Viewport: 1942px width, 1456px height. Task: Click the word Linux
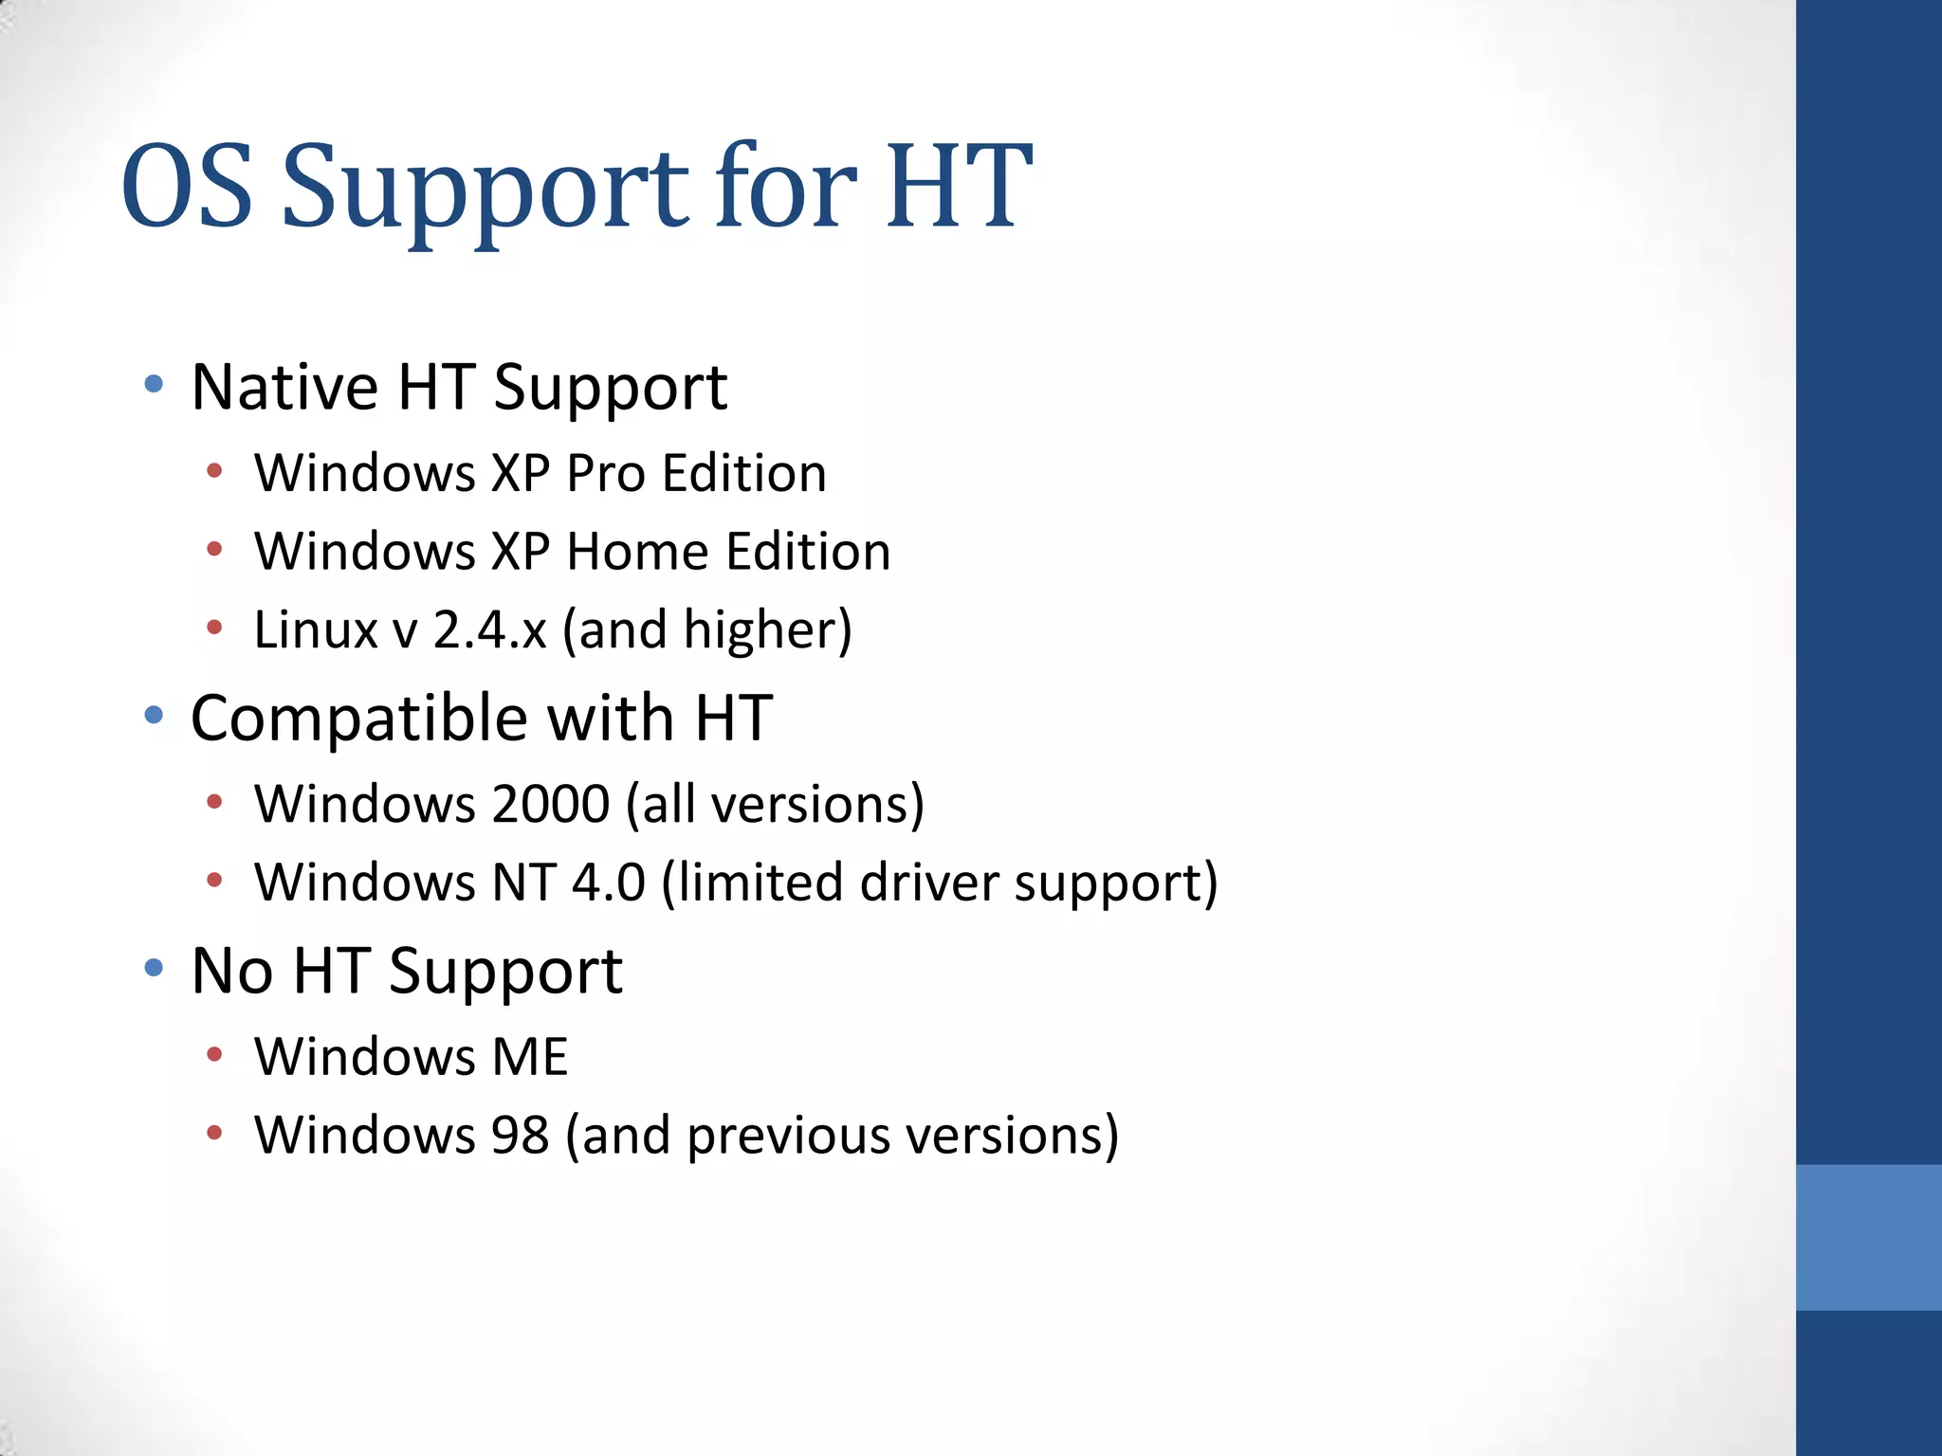(316, 630)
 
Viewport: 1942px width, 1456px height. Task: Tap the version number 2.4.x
(489, 630)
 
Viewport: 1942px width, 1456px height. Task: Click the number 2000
(550, 805)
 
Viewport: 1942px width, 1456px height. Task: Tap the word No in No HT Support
(232, 972)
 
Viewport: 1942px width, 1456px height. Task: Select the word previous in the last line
(788, 1136)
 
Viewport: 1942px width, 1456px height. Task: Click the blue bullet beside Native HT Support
(154, 384)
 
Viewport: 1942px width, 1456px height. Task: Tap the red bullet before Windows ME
(214, 1054)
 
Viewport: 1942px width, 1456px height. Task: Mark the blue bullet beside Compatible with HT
(154, 715)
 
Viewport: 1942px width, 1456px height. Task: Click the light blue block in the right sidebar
(1868, 1237)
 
